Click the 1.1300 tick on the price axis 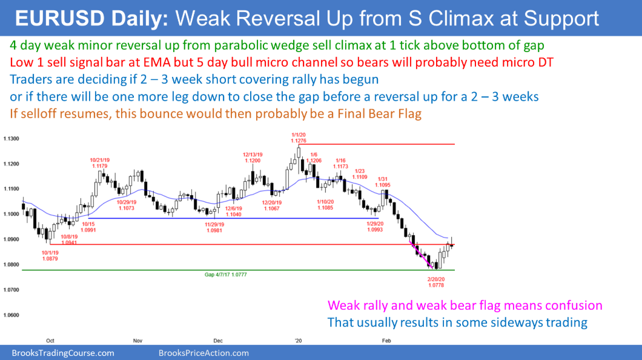click(11, 139)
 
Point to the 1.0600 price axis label click(11, 315)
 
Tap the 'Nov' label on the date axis click(137, 341)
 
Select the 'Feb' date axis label click(386, 341)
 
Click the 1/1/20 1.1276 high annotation click(299, 138)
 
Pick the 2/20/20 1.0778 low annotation click(436, 282)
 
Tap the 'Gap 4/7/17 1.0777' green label click(225, 275)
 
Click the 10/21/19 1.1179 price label click(100, 163)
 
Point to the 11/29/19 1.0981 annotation click(214, 227)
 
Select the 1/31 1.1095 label click(382, 182)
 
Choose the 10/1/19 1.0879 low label click(50, 256)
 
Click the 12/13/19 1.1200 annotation click(253, 158)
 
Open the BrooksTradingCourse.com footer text click(63, 353)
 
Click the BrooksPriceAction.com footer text click(204, 353)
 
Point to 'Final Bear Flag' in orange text click(380, 113)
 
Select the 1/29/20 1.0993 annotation click(375, 227)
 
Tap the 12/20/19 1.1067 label click(272, 205)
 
